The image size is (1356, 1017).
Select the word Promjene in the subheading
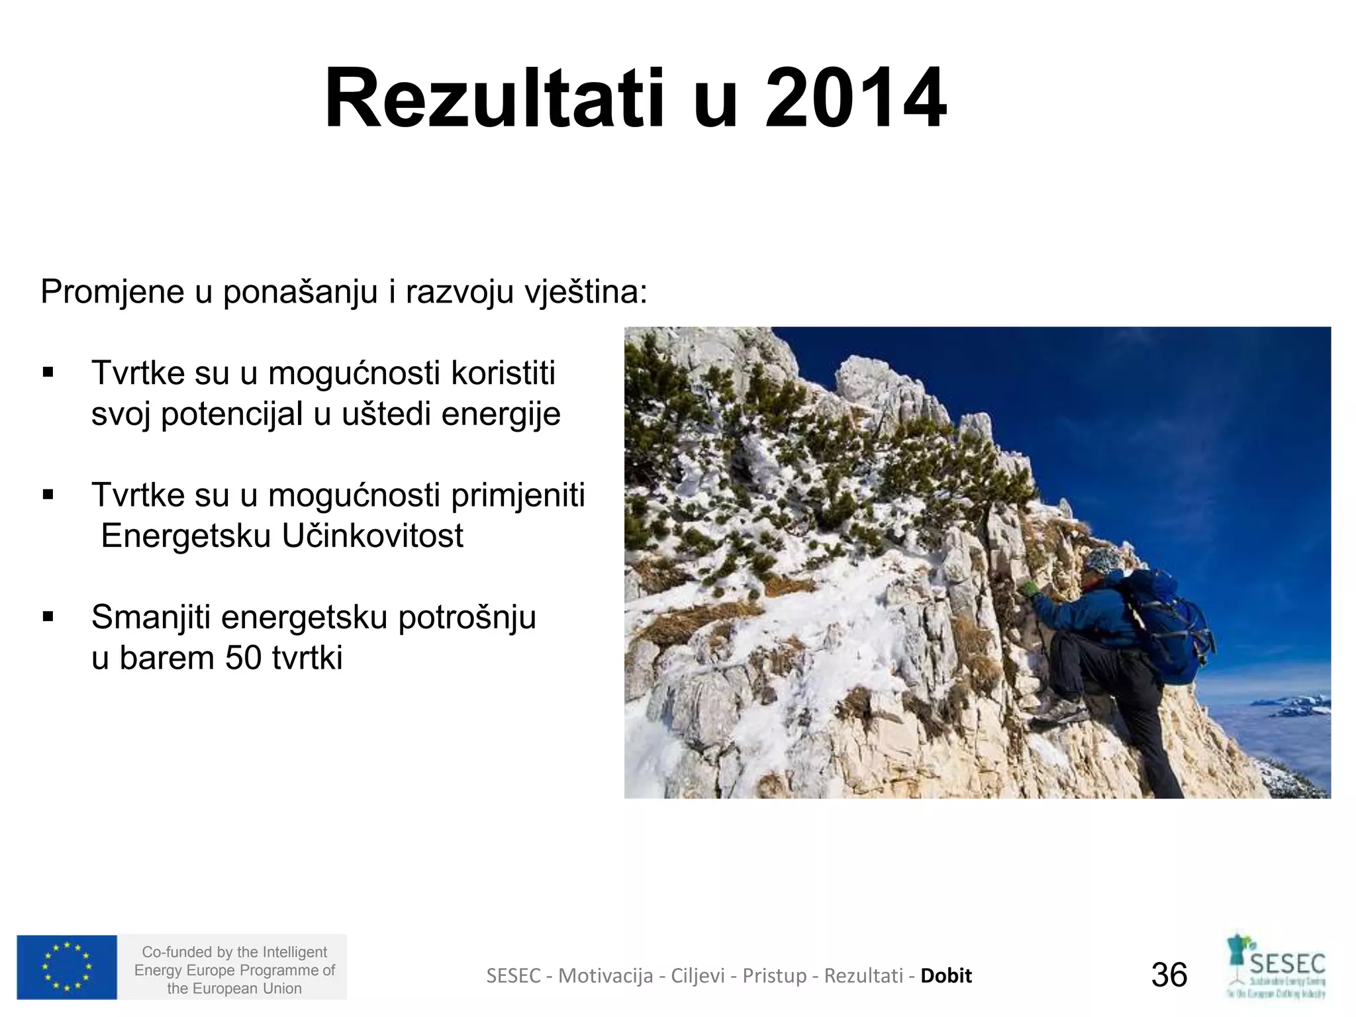click(112, 292)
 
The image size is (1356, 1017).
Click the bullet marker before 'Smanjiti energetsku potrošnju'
click(48, 617)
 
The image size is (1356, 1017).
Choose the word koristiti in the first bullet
click(503, 373)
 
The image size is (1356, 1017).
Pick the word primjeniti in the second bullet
click(518, 495)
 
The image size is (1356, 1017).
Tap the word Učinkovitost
click(373, 536)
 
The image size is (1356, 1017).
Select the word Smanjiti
click(150, 617)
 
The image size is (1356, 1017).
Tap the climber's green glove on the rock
click(1029, 587)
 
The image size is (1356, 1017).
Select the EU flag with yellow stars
click(67, 967)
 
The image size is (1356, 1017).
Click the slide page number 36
click(1169, 975)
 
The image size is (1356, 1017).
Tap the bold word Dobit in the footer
click(946, 976)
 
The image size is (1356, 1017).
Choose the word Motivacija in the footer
click(605, 976)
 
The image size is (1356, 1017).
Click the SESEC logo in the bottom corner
click(1276, 967)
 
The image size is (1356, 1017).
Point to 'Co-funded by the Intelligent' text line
click(234, 952)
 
